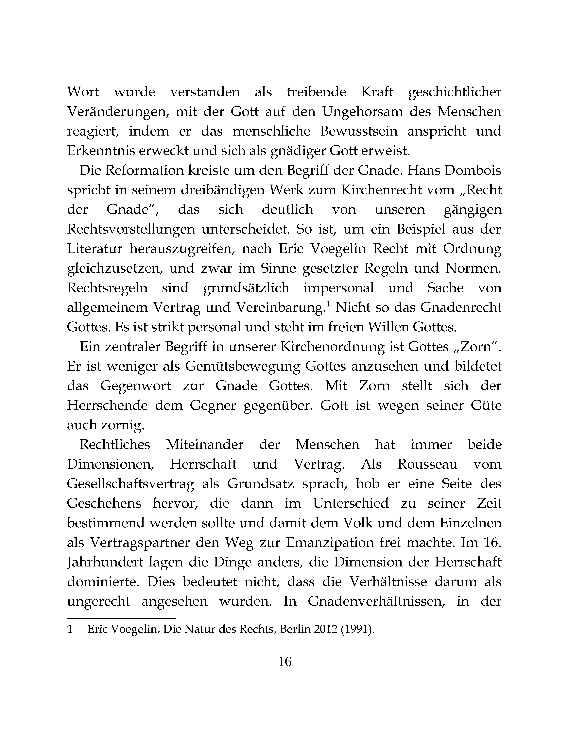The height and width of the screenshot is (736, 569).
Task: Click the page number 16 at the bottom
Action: tap(284, 662)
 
